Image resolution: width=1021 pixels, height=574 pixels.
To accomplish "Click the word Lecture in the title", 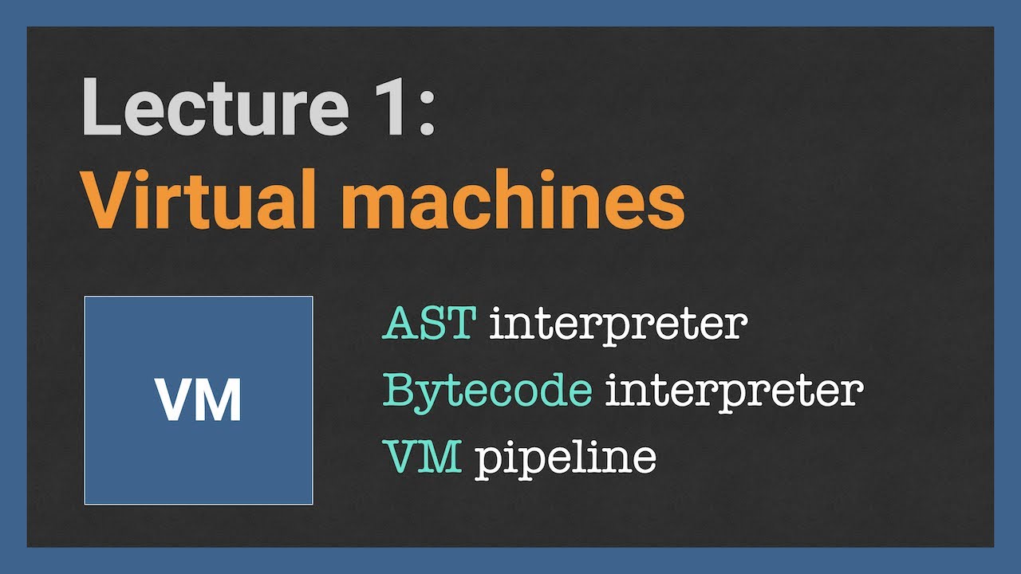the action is tap(215, 107).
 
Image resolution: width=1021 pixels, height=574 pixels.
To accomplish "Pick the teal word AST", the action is tap(429, 323).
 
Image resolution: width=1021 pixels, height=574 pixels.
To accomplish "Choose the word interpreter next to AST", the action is tap(618, 325).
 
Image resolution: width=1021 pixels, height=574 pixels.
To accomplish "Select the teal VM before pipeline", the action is tap(422, 457).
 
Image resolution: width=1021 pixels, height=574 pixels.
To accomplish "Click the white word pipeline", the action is tap(566, 458).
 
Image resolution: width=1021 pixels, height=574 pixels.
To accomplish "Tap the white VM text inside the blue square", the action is tap(199, 399).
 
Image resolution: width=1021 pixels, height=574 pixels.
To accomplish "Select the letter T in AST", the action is tap(461, 323).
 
